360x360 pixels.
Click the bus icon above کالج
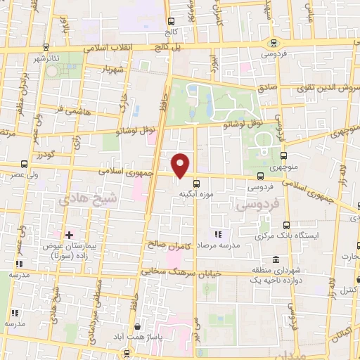[172, 22]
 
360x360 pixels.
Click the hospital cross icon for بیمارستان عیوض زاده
[69, 234]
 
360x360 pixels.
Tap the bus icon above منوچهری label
[283, 156]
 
